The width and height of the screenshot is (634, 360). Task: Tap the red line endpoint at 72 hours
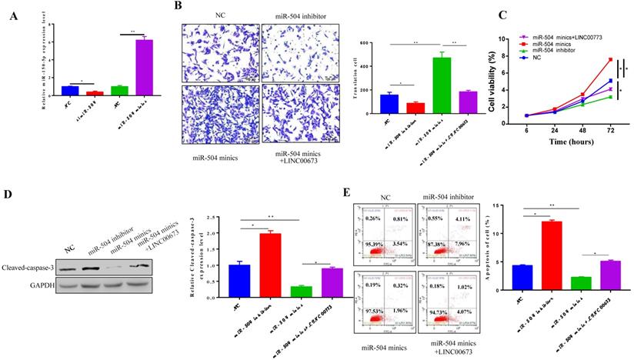[x=610, y=59]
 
